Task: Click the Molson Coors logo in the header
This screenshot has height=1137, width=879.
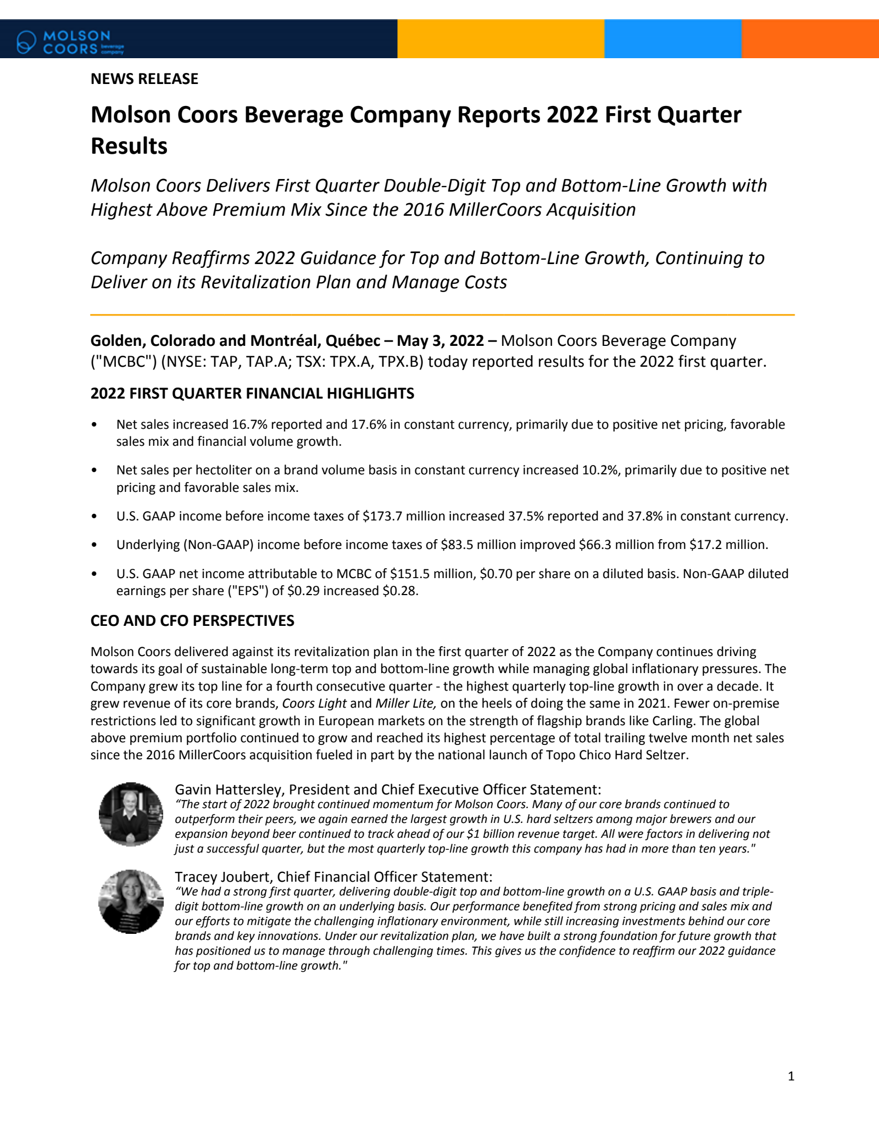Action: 70,42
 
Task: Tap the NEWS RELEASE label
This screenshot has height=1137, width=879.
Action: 144,79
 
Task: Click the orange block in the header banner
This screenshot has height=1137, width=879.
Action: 810,38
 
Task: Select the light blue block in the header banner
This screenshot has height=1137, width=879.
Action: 672,38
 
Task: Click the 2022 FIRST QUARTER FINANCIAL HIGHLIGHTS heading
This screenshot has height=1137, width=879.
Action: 252,394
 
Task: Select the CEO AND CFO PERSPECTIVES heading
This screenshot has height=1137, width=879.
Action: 192,621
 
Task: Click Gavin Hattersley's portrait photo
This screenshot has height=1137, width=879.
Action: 131,814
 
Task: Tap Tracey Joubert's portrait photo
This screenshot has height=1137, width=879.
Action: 131,901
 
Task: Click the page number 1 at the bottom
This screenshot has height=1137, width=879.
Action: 791,1076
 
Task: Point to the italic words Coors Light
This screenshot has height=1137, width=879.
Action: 314,703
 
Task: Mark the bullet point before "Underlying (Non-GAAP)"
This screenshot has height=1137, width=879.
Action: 95,545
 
